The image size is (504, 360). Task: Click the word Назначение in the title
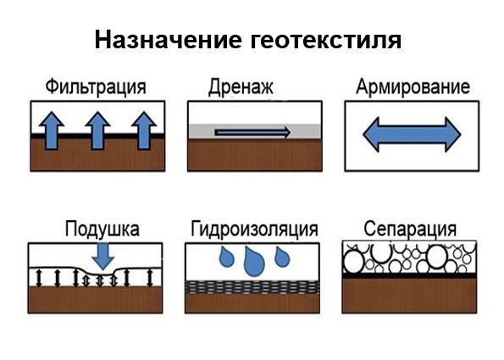click(x=168, y=40)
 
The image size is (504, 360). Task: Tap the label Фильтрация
click(x=96, y=87)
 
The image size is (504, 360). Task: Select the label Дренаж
click(x=241, y=87)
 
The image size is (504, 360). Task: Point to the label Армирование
click(x=413, y=86)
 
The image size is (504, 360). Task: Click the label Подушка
click(x=102, y=230)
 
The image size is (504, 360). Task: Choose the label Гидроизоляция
click(x=254, y=230)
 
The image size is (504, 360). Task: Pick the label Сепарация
click(x=410, y=230)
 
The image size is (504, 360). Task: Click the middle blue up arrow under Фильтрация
click(x=97, y=130)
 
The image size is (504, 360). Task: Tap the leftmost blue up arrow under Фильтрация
click(x=52, y=130)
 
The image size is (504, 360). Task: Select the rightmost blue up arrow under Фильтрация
click(x=144, y=130)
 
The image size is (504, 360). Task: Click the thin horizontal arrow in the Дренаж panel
click(x=252, y=132)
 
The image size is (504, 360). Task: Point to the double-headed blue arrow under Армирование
click(x=412, y=135)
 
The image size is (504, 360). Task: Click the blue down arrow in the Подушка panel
click(x=103, y=257)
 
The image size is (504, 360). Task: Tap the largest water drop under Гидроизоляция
click(x=254, y=262)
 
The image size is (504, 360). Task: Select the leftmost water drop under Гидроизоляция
click(x=227, y=257)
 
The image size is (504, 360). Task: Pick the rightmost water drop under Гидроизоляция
click(x=283, y=257)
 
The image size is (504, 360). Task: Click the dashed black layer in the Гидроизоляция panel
click(x=252, y=287)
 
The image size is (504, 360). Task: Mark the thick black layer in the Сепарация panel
click(x=409, y=275)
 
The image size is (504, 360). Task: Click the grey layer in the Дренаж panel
click(x=255, y=131)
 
